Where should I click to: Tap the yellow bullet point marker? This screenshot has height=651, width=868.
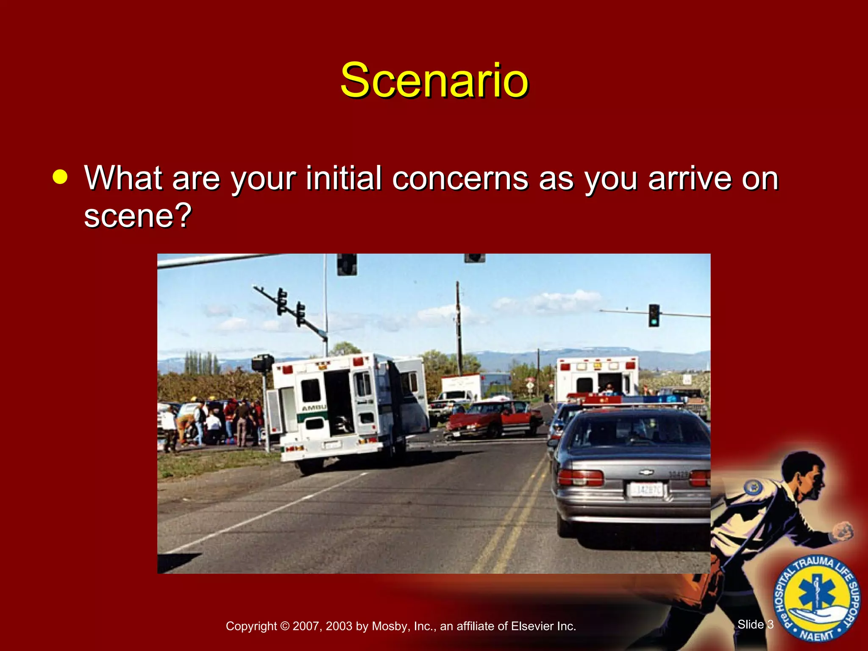click(60, 177)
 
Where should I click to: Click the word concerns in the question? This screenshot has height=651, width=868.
click(460, 178)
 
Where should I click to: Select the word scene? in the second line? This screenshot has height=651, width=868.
click(138, 215)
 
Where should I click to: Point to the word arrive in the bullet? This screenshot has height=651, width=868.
click(690, 178)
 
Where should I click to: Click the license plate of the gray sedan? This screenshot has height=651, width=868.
click(646, 490)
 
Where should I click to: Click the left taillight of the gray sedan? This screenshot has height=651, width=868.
click(580, 478)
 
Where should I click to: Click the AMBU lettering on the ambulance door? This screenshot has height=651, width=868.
click(314, 408)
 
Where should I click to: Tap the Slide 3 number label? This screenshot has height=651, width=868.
click(755, 624)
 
